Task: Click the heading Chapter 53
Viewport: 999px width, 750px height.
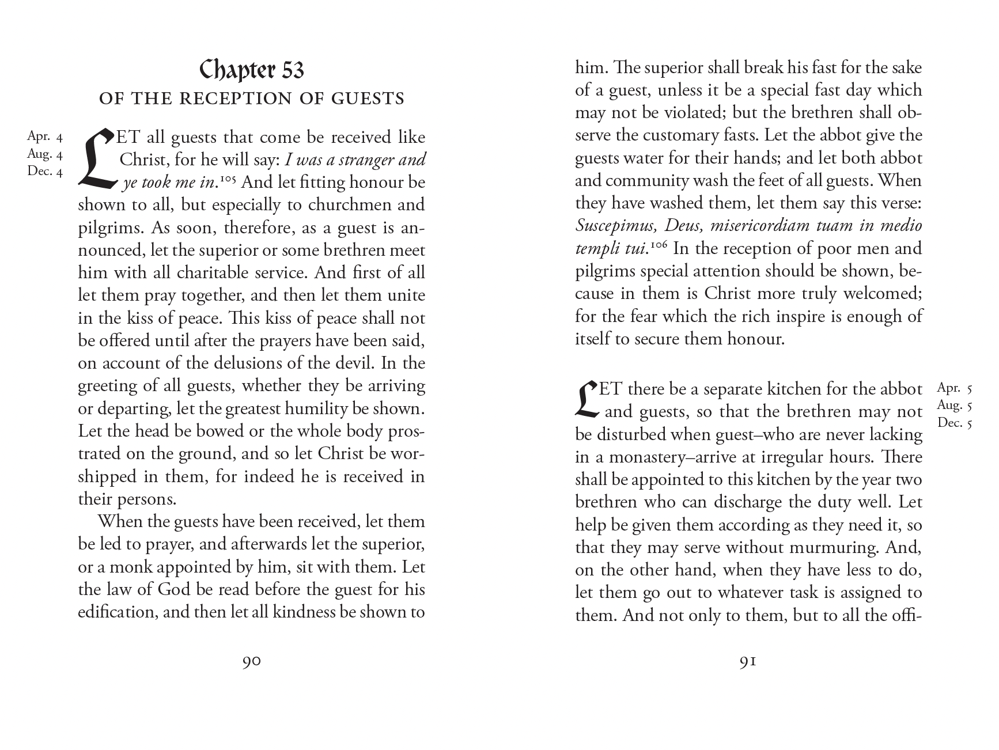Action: point(252,70)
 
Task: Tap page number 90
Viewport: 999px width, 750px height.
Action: point(252,662)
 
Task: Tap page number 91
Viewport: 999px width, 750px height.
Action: point(748,662)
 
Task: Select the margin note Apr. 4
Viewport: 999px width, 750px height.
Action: point(45,137)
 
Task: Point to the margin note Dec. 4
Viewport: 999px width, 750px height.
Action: point(45,171)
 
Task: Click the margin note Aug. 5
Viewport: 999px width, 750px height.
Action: point(955,406)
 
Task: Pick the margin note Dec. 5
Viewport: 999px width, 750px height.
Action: point(955,423)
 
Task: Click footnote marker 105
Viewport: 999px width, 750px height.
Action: point(228,178)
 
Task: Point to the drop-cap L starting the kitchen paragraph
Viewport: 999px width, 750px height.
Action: point(586,399)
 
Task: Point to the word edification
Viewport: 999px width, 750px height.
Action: point(118,612)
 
